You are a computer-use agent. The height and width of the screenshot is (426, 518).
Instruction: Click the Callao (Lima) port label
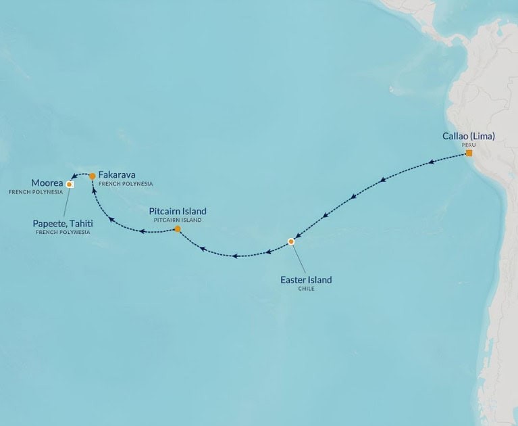point(468,137)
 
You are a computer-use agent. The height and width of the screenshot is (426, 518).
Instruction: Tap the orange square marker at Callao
point(469,153)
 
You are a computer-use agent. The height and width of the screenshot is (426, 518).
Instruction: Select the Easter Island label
point(306,279)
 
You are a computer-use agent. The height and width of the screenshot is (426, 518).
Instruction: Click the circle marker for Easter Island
point(291,241)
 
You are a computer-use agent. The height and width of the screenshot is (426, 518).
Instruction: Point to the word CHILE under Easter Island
point(306,289)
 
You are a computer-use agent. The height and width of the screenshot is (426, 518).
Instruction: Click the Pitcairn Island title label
point(178,212)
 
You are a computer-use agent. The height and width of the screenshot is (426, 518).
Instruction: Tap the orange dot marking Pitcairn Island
point(178,229)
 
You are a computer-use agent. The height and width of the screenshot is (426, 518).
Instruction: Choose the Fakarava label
point(117,174)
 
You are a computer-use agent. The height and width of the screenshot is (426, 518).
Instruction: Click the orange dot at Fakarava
point(93,176)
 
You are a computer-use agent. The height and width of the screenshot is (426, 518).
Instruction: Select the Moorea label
point(47,183)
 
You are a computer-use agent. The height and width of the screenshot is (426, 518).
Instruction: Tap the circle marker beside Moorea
point(69,184)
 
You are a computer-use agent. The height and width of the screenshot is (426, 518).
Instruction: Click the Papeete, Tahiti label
point(62,223)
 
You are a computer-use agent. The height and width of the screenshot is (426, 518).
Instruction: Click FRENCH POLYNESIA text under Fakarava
point(126,184)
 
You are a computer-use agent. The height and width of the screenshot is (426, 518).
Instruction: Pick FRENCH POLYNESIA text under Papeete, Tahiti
point(62,233)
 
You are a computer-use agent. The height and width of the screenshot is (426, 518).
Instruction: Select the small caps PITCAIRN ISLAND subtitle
point(178,220)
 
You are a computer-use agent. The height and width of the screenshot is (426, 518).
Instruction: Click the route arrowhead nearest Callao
point(433,162)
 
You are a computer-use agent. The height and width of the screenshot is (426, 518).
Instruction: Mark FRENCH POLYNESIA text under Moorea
point(36,192)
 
